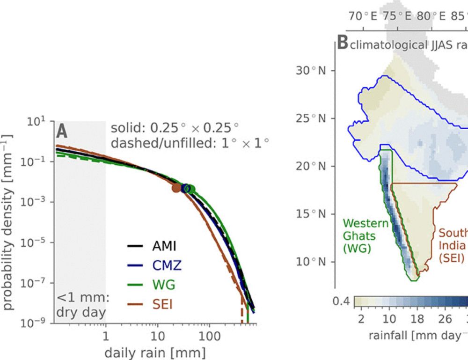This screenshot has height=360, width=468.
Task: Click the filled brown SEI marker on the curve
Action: point(175,188)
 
